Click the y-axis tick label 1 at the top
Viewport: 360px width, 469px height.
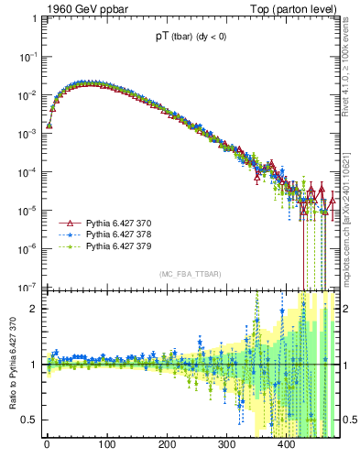(34, 18)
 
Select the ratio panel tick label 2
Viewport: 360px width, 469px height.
(34, 309)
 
